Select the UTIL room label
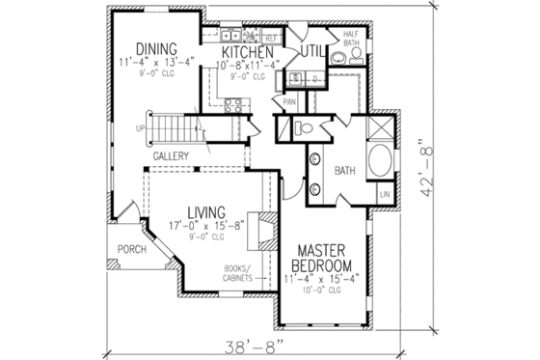coord(310,51)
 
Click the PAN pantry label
coord(289,100)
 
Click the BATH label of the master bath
coord(346,170)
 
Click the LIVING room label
coord(206,212)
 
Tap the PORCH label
coord(130,247)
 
